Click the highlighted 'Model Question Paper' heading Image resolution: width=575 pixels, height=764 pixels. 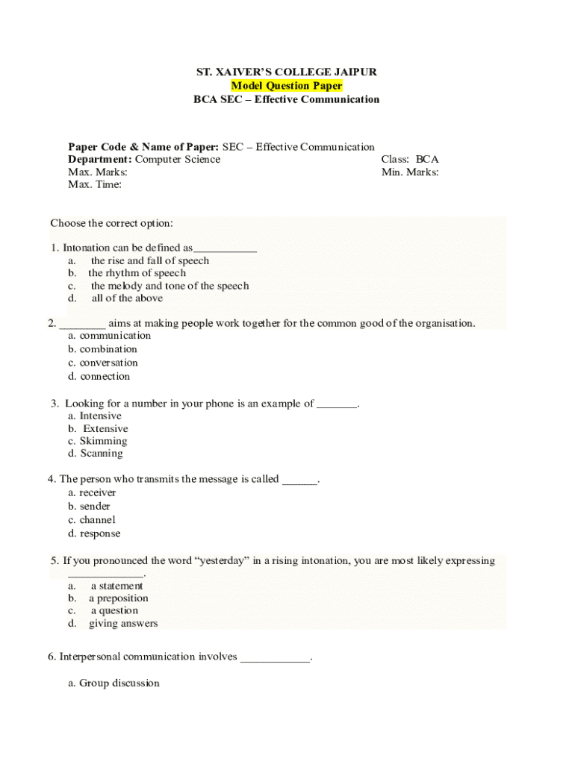(x=287, y=86)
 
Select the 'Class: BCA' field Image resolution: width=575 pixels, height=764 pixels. (x=409, y=159)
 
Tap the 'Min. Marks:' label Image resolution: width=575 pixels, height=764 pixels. (x=409, y=172)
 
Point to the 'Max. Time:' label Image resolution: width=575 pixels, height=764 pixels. (x=95, y=184)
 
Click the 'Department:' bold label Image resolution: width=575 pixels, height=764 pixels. (x=100, y=159)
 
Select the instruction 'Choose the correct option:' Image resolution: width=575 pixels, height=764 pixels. (x=111, y=223)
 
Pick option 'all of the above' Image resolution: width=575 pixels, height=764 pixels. (x=127, y=298)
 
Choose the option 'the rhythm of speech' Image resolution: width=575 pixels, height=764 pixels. (x=137, y=273)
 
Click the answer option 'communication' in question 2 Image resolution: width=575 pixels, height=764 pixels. (x=115, y=336)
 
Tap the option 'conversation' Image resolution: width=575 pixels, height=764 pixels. (x=109, y=363)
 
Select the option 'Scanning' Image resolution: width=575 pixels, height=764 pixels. (x=102, y=453)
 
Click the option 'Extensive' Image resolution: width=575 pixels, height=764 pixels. (x=105, y=429)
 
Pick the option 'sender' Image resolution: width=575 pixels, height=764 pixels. (x=95, y=507)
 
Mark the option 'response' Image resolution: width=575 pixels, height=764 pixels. (x=99, y=533)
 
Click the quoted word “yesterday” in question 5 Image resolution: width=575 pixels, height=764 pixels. (x=220, y=561)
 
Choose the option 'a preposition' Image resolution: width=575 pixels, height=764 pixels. (x=119, y=598)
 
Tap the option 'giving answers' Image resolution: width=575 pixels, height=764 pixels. (x=123, y=623)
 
